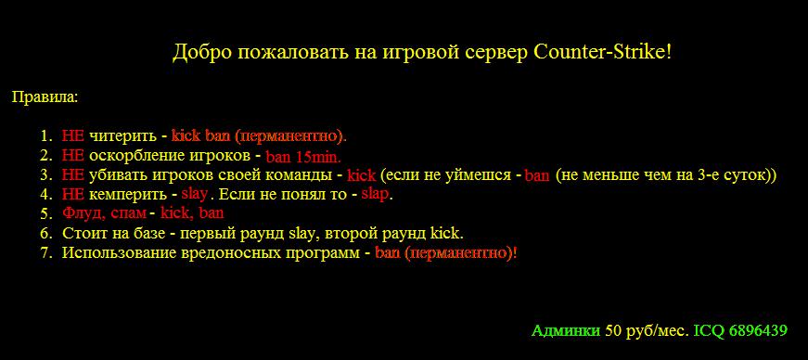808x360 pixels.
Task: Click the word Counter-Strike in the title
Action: pos(601,52)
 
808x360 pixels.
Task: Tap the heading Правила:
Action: pos(45,97)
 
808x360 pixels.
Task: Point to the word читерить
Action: pos(122,136)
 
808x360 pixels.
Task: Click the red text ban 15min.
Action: pos(303,156)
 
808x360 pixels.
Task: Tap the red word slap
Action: pos(375,195)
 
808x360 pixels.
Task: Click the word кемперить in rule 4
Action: pos(128,196)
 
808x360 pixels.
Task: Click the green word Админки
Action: pos(566,330)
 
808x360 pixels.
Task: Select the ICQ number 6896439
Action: pos(758,330)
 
